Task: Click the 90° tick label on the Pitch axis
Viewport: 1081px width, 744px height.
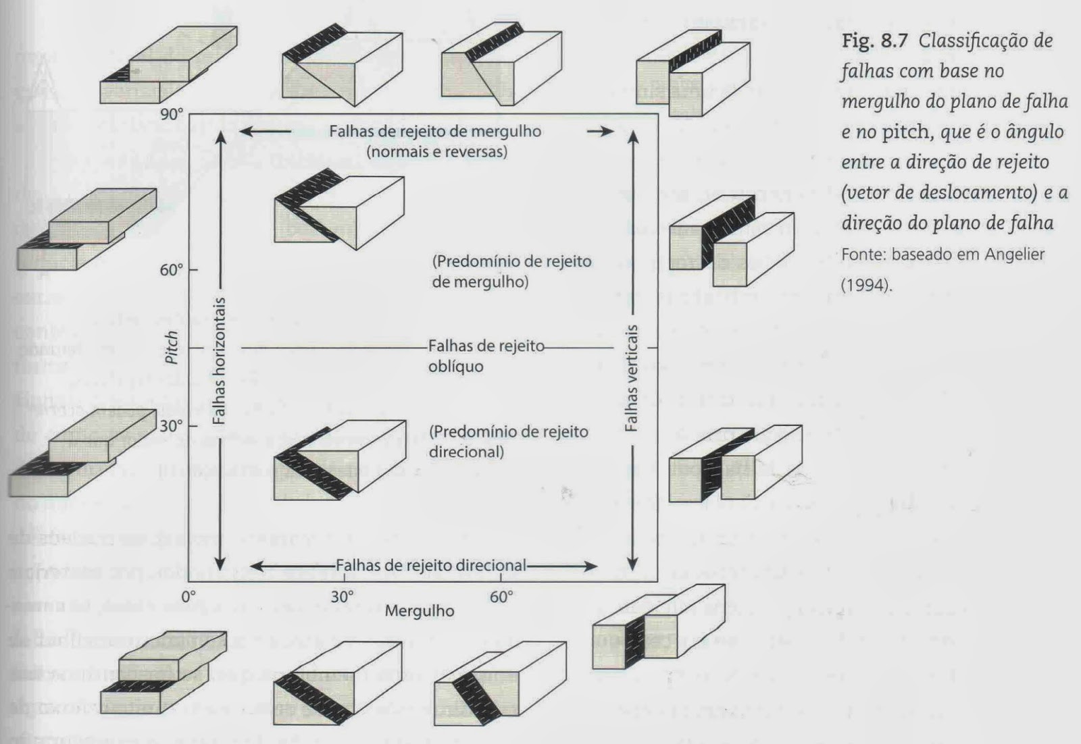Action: click(x=172, y=114)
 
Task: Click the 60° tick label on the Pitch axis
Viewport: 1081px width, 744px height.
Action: click(x=172, y=270)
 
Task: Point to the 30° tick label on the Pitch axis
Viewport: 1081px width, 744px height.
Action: click(x=172, y=426)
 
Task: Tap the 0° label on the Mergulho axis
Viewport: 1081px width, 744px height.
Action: click(x=188, y=597)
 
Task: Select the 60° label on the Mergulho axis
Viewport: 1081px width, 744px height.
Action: click(x=501, y=597)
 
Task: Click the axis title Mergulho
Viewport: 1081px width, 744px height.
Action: click(x=419, y=611)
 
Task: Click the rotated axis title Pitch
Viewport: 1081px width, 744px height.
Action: click(x=172, y=347)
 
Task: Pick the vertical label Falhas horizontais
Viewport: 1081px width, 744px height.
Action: click(x=218, y=361)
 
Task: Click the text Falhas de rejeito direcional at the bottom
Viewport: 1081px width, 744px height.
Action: click(x=430, y=566)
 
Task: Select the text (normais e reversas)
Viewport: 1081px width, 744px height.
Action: click(x=436, y=151)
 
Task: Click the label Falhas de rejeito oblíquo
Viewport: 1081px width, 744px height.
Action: click(x=485, y=356)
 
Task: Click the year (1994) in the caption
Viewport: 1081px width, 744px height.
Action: click(x=865, y=284)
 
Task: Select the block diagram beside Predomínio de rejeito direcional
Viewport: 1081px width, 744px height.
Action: click(x=339, y=460)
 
